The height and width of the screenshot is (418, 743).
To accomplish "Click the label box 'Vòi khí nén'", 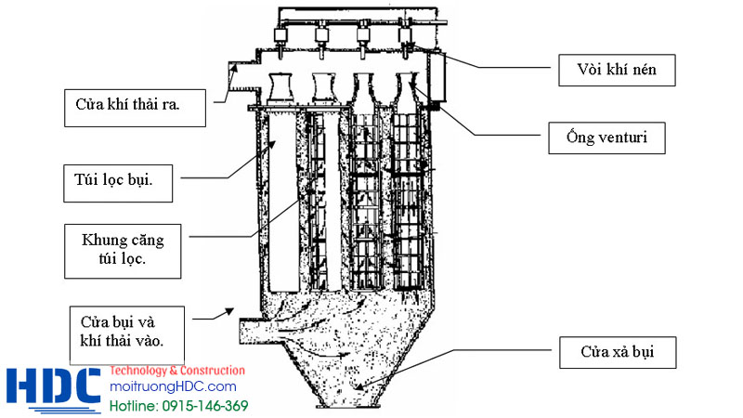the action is click(617, 71).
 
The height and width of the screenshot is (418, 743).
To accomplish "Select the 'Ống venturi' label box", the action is click(606, 137).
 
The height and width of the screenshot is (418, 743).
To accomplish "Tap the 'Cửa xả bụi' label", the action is click(618, 353).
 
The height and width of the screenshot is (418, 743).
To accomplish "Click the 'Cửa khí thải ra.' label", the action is click(135, 108).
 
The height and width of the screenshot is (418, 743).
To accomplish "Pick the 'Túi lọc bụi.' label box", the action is click(118, 183).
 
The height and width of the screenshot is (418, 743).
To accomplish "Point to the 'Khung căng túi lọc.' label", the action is click(123, 251).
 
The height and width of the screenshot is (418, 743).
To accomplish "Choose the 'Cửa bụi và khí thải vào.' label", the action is click(127, 335).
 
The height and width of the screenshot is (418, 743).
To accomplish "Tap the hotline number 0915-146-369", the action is click(204, 406).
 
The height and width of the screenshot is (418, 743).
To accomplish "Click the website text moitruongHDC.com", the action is click(173, 386).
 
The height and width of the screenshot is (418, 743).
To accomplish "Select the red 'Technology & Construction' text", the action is click(177, 371).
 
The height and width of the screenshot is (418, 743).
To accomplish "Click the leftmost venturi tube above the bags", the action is click(280, 88).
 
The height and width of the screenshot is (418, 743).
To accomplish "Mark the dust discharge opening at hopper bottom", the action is click(347, 406).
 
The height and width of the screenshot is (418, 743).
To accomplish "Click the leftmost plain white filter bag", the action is click(283, 202).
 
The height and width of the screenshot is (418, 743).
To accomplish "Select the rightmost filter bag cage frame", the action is click(408, 202).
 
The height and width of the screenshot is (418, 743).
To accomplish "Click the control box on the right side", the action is click(438, 77).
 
